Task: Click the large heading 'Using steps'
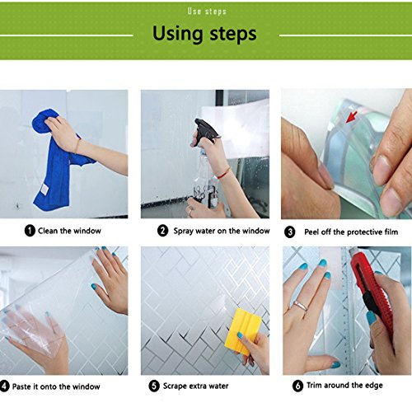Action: (204, 34)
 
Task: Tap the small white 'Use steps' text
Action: (207, 12)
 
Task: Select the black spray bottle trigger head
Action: (206, 129)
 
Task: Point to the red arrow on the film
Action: (351, 117)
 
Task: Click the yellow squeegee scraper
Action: (242, 331)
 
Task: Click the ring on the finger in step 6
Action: (301, 306)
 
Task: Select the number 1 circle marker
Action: (30, 231)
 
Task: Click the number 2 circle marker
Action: (162, 231)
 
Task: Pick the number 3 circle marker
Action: (289, 232)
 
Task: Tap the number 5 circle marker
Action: (154, 386)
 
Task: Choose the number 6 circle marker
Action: (297, 386)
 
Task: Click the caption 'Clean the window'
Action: (69, 231)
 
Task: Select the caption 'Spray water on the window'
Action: (222, 231)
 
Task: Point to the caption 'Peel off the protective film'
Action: (351, 232)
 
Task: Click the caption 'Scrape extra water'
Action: (195, 386)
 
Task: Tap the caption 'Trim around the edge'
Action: (344, 386)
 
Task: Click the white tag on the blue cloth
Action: (44, 189)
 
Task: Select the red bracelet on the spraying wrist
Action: (224, 173)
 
